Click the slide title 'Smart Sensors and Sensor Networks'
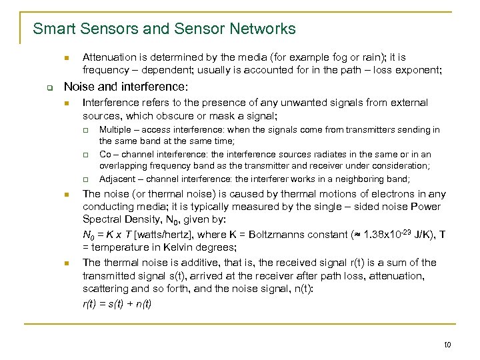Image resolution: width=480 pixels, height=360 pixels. pos(164,29)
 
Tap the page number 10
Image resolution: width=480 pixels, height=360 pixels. pos(447,344)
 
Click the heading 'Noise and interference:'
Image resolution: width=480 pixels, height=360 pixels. pos(125,87)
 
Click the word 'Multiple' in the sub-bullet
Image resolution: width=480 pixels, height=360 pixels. pos(115,130)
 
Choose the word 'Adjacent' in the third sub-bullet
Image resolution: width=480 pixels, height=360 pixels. pos(117,179)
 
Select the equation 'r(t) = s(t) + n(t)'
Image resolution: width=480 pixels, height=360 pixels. pos(117,303)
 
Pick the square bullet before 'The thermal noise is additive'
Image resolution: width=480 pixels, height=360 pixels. pos(66,263)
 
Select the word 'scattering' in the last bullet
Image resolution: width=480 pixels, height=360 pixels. pos(105,289)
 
